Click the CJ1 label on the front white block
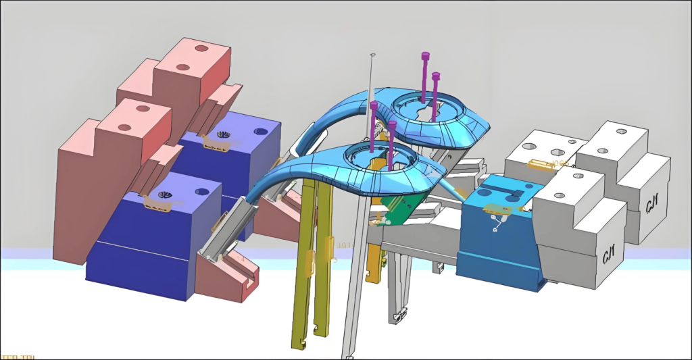point(608,255)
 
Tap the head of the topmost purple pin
point(425,56)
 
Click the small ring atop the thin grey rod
point(372,55)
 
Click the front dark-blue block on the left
point(145,257)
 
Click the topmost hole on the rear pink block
point(201,48)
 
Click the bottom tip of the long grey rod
point(347,355)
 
